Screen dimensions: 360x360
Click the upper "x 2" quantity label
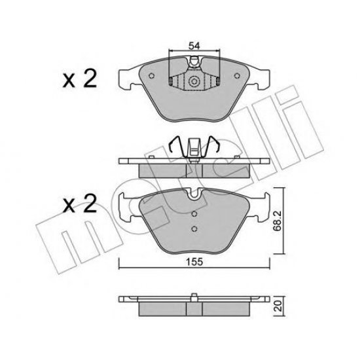coord(80,81)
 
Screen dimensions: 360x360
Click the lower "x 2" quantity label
coord(80,206)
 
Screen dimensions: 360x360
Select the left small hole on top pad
coord(151,76)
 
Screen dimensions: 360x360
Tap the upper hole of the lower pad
coord(194,213)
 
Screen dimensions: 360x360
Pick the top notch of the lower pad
coord(193,194)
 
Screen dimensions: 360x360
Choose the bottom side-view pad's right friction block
coord(223,308)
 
